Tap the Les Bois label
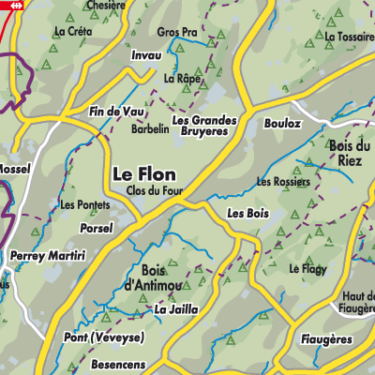coord(247,214)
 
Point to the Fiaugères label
coord(327,337)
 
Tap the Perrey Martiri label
coord(47,255)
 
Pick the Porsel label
coord(97,226)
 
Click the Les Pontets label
coord(81,204)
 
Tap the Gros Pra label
coord(176,32)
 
